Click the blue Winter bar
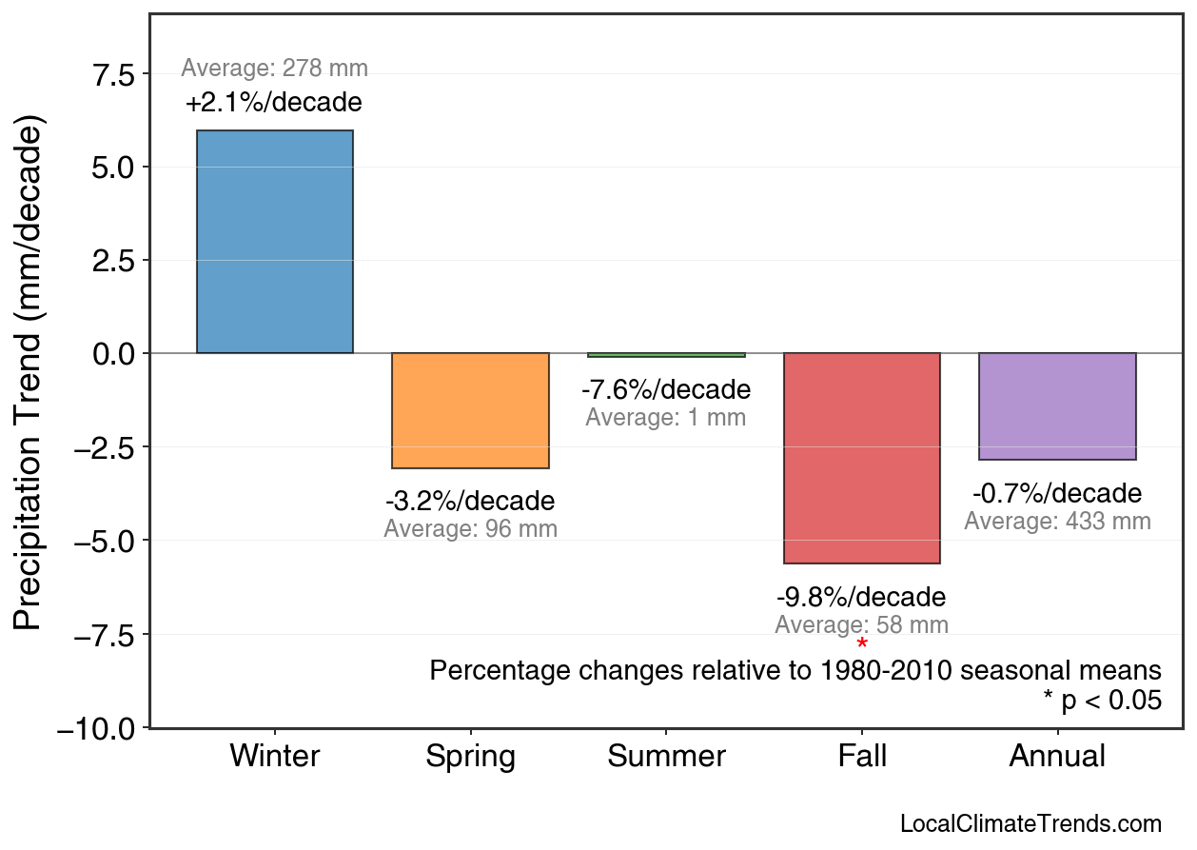click(x=274, y=242)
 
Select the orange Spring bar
click(x=470, y=410)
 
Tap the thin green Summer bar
click(x=666, y=355)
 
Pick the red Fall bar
click(x=861, y=458)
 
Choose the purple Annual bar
click(x=1057, y=406)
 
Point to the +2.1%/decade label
click(x=274, y=102)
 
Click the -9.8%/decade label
click(x=861, y=598)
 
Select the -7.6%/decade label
click(x=666, y=389)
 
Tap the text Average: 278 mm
click(x=274, y=68)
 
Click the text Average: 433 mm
click(x=1057, y=522)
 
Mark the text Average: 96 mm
click(x=470, y=529)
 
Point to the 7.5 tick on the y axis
click(x=114, y=74)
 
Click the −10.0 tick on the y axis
click(x=98, y=728)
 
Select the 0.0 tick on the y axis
click(x=114, y=354)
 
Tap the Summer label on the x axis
click(x=666, y=757)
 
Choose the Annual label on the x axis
click(x=1057, y=757)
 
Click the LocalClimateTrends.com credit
click(x=1030, y=824)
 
